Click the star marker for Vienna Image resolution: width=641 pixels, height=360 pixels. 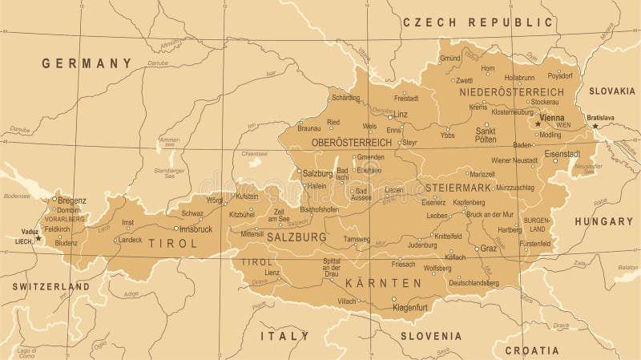[x=538, y=123]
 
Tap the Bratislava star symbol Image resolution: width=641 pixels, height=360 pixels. [x=595, y=126]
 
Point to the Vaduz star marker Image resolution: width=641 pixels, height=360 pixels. [x=38, y=238]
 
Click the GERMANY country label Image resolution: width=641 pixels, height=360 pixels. [x=87, y=63]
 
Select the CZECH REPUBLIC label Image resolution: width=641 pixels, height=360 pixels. [x=478, y=22]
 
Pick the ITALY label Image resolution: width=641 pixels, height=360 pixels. [x=284, y=335]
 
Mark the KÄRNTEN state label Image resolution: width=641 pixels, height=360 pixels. [x=383, y=283]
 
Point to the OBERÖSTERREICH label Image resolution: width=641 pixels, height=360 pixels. [x=352, y=142]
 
